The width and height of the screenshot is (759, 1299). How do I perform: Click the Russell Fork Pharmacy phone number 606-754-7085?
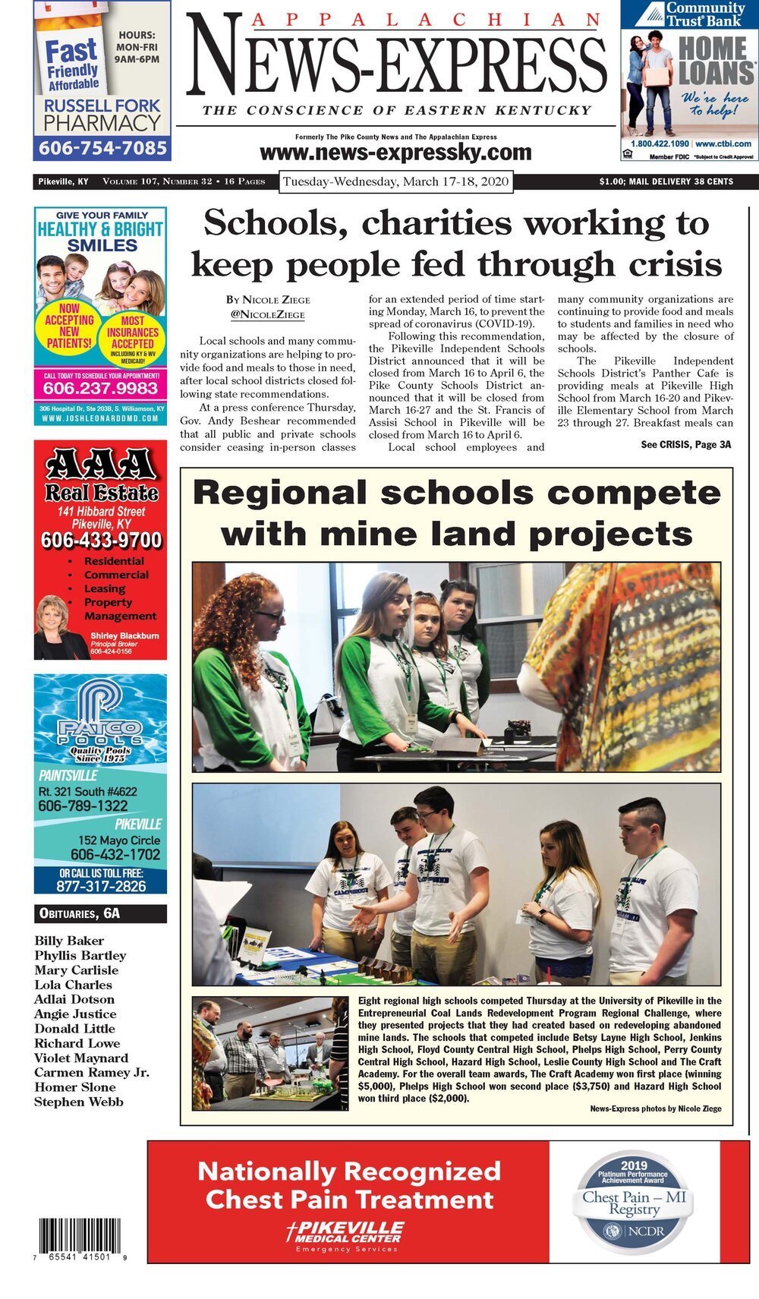pyautogui.click(x=102, y=148)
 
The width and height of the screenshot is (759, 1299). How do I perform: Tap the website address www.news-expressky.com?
pyautogui.click(x=395, y=153)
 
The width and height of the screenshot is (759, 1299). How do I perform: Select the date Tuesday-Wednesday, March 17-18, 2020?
pyautogui.click(x=395, y=182)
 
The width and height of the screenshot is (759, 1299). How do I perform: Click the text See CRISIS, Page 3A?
pyautogui.click(x=686, y=444)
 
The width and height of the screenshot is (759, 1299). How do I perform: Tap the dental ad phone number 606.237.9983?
pyautogui.click(x=100, y=389)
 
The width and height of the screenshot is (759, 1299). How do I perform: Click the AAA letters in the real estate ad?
pyautogui.click(x=101, y=462)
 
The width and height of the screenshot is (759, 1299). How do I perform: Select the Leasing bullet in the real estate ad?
pyautogui.click(x=105, y=588)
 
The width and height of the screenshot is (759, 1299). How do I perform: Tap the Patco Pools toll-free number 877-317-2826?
pyautogui.click(x=101, y=886)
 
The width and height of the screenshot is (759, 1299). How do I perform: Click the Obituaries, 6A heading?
pyautogui.click(x=77, y=914)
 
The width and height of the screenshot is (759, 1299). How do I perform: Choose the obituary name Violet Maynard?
pyautogui.click(x=81, y=1058)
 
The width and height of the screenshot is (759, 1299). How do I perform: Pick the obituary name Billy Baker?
pyautogui.click(x=69, y=941)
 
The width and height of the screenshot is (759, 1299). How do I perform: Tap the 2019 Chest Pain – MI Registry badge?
pyautogui.click(x=634, y=1201)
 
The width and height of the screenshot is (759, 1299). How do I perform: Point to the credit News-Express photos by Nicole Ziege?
pyautogui.click(x=656, y=1109)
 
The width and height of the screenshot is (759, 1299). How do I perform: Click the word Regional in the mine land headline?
pyautogui.click(x=279, y=493)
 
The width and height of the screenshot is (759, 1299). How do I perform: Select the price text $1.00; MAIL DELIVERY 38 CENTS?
pyautogui.click(x=666, y=181)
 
